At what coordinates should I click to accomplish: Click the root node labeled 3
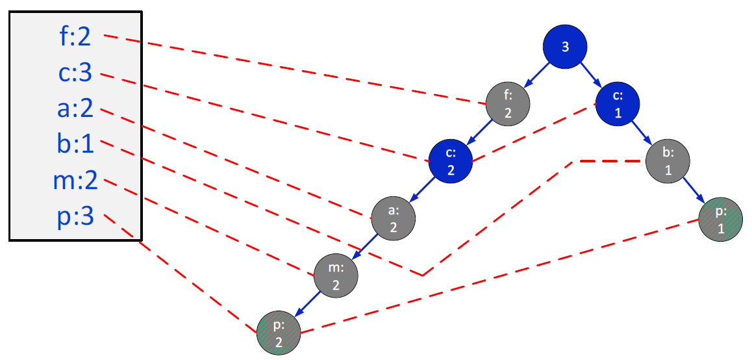click(565, 47)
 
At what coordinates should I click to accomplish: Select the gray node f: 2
click(508, 105)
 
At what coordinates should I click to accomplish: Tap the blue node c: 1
click(618, 104)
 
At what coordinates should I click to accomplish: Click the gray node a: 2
click(394, 218)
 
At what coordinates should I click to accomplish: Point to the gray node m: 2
click(336, 276)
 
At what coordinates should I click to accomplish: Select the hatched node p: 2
click(279, 333)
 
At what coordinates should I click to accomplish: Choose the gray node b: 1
click(667, 162)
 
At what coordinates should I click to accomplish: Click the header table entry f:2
click(75, 38)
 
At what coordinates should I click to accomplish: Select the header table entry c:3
click(75, 73)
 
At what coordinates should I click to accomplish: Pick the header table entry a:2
click(75, 109)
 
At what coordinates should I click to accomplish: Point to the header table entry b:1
click(75, 144)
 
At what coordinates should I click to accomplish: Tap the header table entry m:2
click(75, 180)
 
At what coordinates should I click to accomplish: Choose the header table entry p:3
click(75, 216)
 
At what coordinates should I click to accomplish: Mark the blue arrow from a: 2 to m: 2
click(364, 248)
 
